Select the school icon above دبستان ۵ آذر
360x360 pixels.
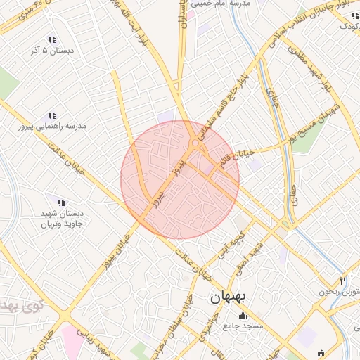coord(51,40)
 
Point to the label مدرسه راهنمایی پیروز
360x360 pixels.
coord(53,127)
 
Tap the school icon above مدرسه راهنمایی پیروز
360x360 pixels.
coord(51,115)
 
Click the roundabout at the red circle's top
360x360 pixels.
coord(195,143)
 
